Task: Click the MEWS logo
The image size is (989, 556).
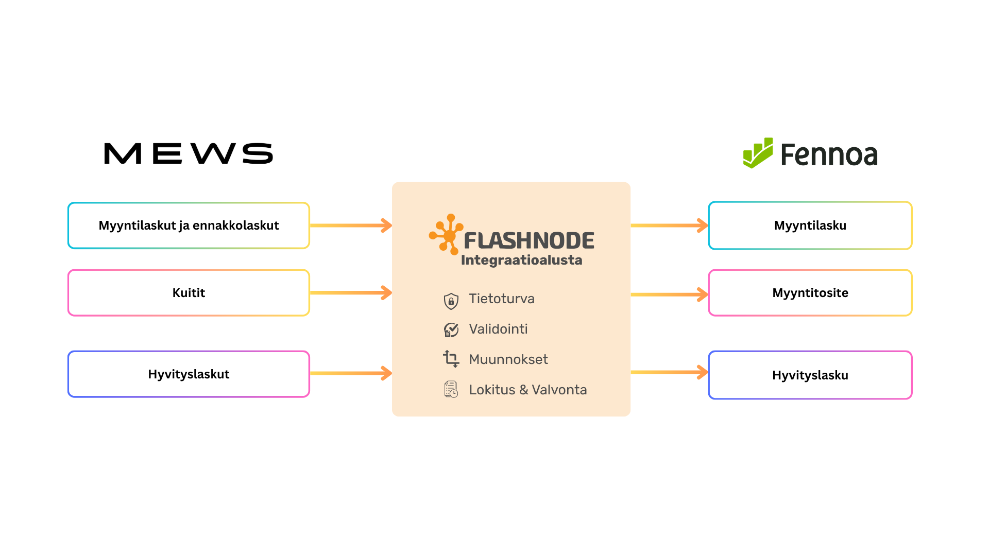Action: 189,153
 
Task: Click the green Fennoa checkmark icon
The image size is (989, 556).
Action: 758,153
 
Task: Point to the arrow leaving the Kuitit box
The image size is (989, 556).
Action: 351,293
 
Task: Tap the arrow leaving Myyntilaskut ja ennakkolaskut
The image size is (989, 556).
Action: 351,225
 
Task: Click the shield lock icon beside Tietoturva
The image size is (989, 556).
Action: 451,301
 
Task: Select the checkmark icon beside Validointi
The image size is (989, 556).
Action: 451,330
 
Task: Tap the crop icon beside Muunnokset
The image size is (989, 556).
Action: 451,359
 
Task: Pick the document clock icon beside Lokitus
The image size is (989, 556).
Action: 451,390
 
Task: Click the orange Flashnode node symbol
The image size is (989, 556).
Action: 446,235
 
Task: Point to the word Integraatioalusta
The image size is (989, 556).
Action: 522,260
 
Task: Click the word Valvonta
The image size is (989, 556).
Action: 559,390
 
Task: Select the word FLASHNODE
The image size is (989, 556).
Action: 529,241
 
